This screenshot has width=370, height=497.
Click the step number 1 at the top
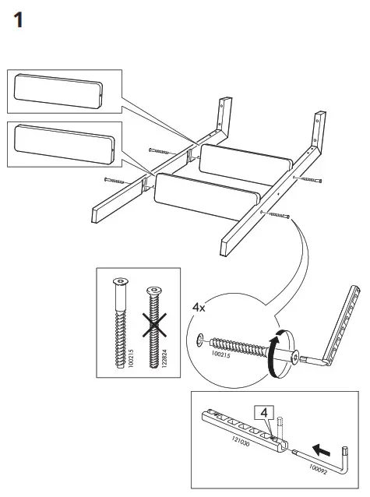(21, 19)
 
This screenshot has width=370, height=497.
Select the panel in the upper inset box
(59, 92)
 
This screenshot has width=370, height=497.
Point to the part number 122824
(165, 357)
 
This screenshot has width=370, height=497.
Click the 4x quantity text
(200, 308)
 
